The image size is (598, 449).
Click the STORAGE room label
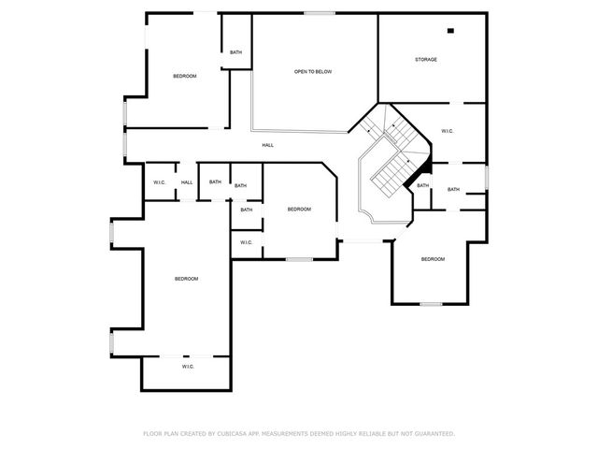(x=426, y=60)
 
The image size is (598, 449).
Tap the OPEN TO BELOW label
(x=313, y=72)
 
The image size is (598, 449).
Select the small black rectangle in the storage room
(x=450, y=31)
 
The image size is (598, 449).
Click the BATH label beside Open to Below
(x=235, y=52)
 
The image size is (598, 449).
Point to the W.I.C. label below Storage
(x=447, y=131)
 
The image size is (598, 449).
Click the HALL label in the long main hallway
(x=268, y=145)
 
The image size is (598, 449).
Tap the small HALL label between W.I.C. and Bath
(x=187, y=182)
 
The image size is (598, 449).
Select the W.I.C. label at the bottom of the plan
(x=187, y=367)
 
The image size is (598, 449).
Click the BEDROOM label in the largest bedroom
(x=187, y=279)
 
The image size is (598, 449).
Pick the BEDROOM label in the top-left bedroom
(x=185, y=76)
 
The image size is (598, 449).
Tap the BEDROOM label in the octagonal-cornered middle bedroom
(x=299, y=210)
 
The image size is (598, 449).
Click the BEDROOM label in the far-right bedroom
(x=432, y=259)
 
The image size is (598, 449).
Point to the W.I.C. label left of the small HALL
(x=159, y=182)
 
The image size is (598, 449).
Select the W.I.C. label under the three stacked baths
(x=246, y=243)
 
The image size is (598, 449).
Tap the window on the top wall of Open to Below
(x=319, y=12)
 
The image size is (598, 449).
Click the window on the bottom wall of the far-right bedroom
(x=431, y=304)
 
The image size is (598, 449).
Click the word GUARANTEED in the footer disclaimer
(x=434, y=434)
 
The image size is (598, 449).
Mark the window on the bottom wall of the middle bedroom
(x=299, y=259)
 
